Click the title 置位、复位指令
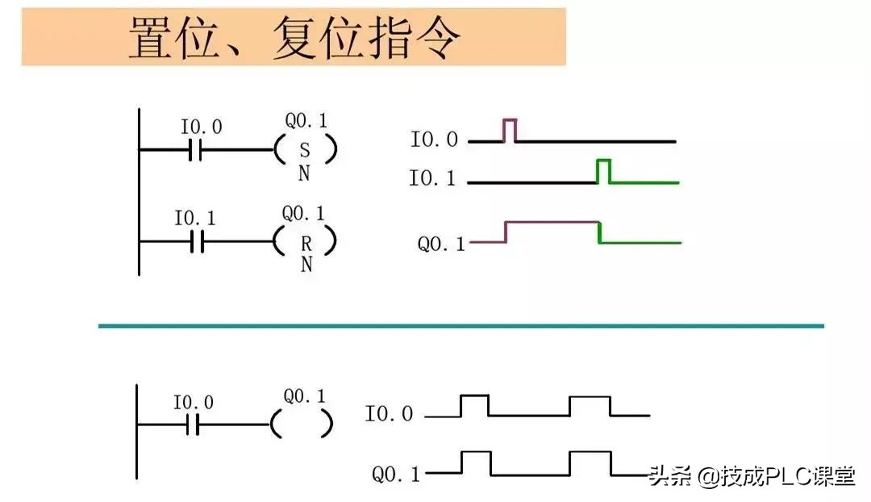[294, 38]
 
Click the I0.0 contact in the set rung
[194, 149]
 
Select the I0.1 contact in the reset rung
[197, 241]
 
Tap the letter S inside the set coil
[304, 150]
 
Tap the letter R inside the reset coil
[306, 241]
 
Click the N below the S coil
[304, 174]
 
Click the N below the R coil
[306, 265]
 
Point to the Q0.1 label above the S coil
[306, 122]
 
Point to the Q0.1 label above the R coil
[303, 214]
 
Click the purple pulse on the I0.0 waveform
[510, 129]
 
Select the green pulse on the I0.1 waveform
[603, 170]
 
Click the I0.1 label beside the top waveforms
[432, 178]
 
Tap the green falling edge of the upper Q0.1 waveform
[599, 232]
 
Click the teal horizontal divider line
[461, 326]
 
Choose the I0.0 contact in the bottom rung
[191, 425]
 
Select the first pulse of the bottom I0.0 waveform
[474, 404]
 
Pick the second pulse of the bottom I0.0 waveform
[590, 404]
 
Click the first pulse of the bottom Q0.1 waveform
[476, 462]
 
